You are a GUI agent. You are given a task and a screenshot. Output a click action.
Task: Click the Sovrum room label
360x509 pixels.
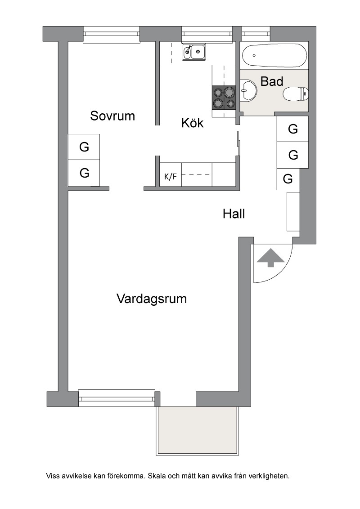point(112,116)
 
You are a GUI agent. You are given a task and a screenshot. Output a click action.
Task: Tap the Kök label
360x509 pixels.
point(192,123)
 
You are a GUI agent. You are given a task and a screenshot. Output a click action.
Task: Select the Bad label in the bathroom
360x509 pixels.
point(272,81)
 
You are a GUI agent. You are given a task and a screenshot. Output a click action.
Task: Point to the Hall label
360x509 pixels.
point(234,214)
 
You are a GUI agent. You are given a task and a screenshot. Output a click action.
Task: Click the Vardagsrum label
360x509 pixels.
point(152,299)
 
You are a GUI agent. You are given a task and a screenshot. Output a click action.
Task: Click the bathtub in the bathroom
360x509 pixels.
point(274,55)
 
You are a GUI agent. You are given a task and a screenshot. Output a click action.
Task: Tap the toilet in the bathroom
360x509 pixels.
point(295,94)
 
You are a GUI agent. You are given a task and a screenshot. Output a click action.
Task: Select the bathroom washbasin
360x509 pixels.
point(249,91)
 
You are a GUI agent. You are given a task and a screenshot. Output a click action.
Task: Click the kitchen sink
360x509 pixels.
point(193,52)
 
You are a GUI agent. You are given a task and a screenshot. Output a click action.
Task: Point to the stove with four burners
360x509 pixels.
point(224,98)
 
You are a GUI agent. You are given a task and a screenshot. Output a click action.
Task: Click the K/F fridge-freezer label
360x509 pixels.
point(171,177)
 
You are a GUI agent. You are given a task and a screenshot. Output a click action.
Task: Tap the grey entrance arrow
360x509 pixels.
point(270,257)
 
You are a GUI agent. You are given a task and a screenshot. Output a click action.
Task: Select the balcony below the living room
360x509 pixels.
point(198,430)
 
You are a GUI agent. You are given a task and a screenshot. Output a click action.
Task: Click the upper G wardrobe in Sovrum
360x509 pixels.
point(84,147)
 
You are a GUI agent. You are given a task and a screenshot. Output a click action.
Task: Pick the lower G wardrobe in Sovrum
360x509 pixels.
point(84,173)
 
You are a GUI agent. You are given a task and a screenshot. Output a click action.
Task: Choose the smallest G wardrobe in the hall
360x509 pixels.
point(288,179)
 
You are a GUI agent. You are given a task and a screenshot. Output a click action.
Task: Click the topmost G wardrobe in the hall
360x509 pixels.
point(292,129)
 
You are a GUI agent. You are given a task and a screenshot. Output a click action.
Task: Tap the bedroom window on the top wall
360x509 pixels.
point(112,35)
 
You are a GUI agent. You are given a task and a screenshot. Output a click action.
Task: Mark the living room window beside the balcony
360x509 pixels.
point(116,398)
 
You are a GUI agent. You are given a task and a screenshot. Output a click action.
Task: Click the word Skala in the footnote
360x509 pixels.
point(157,476)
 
